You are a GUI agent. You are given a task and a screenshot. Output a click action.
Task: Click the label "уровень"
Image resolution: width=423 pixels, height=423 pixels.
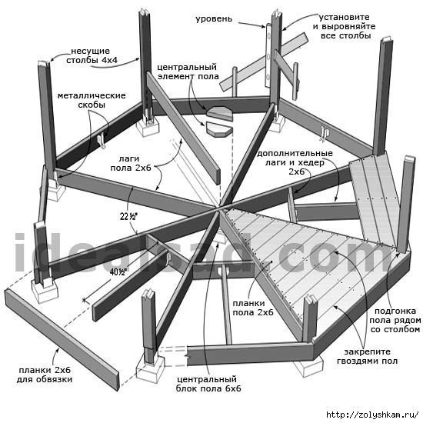pyautogui.click(x=214, y=19)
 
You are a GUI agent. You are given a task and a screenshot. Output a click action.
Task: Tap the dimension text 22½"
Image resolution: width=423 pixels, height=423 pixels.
pyautogui.click(x=128, y=216)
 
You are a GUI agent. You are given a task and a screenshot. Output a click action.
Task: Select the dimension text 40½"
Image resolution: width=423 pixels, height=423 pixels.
pyautogui.click(x=118, y=272)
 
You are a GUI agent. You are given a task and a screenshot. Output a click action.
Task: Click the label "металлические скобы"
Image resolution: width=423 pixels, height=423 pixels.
pyautogui.click(x=92, y=100)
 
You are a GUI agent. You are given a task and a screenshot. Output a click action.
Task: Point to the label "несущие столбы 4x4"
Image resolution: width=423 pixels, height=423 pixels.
pyautogui.click(x=92, y=55)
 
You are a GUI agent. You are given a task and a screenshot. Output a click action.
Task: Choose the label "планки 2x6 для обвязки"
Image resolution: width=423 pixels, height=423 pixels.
pyautogui.click(x=45, y=375)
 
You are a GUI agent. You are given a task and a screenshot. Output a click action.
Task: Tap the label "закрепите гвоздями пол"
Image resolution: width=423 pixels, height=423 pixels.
pyautogui.click(x=367, y=356)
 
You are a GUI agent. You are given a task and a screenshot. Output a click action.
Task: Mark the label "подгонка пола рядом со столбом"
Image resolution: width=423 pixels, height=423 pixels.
pyautogui.click(x=395, y=320)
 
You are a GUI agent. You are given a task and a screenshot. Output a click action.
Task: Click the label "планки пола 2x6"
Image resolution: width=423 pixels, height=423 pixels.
pyautogui.click(x=253, y=308)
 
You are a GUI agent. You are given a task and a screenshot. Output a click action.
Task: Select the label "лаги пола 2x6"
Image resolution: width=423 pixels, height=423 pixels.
pyautogui.click(x=131, y=163)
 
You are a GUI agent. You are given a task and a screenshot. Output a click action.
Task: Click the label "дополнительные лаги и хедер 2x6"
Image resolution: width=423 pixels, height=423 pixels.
pyautogui.click(x=295, y=162)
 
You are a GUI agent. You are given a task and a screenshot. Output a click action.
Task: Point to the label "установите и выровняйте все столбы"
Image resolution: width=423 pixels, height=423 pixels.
pyautogui.click(x=345, y=26)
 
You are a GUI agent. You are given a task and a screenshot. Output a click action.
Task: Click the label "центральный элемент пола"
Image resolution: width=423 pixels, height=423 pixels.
pyautogui.click(x=188, y=72)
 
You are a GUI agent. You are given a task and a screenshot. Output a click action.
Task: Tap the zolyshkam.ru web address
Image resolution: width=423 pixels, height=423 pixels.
pyautogui.click(x=372, y=415)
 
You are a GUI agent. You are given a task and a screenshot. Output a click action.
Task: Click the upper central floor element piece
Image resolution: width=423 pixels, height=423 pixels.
pyautogui.click(x=220, y=113)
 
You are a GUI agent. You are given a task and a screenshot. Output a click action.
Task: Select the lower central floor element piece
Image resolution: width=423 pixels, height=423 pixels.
pyautogui.click(x=218, y=129)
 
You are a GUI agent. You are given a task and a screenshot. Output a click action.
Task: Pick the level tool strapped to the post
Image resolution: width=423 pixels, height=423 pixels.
pyautogui.click(x=268, y=55)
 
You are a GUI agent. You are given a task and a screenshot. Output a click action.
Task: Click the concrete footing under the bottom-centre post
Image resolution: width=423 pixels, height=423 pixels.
pyautogui.click(x=150, y=368)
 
